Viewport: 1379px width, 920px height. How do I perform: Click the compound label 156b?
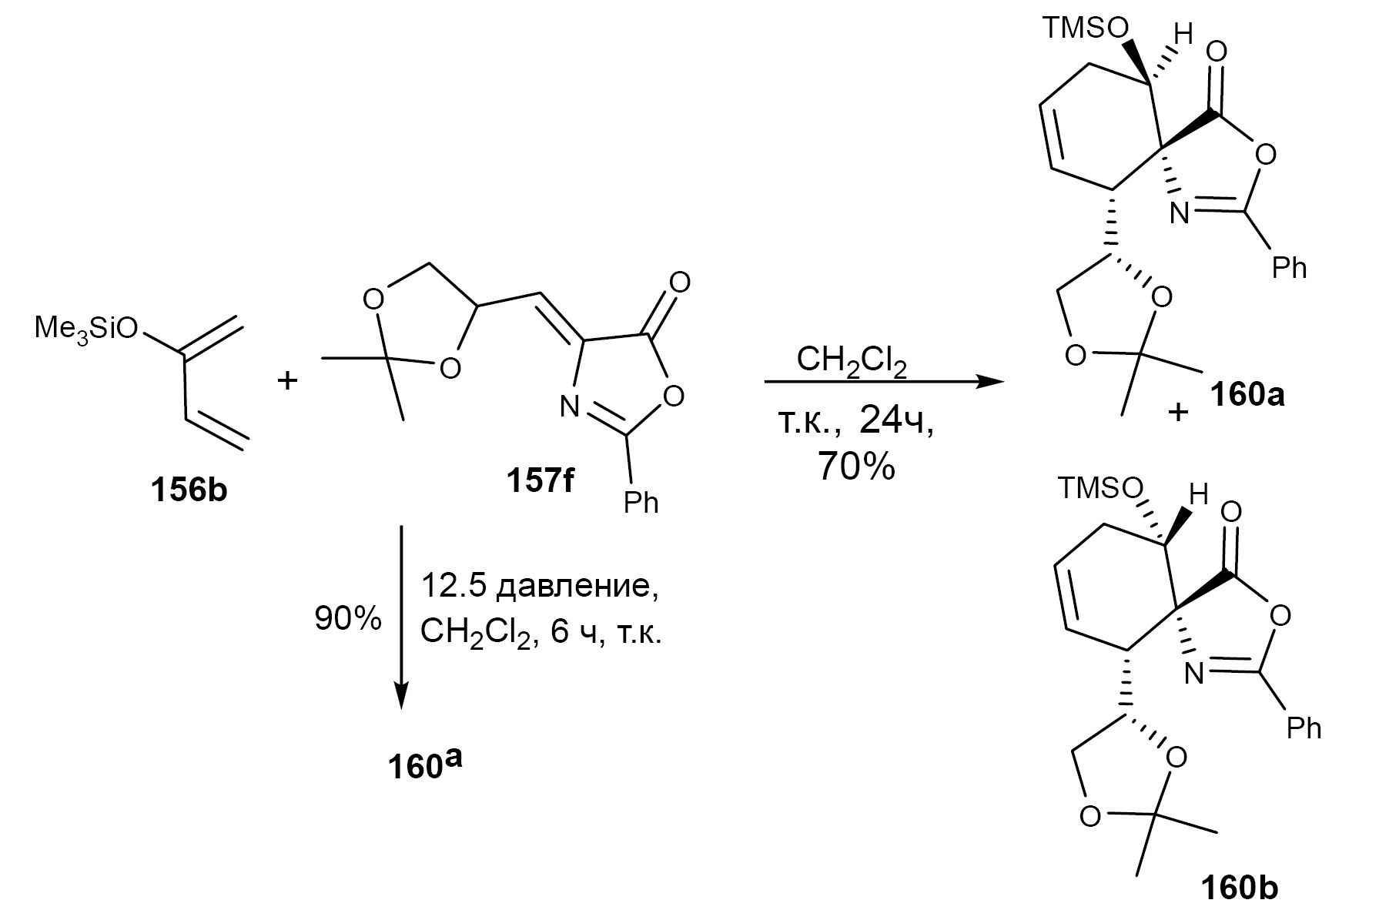[x=189, y=490]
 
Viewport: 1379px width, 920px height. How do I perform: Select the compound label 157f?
[x=540, y=481]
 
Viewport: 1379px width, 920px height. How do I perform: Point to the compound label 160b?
[x=1240, y=888]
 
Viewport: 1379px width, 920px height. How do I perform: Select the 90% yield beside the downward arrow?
[x=347, y=618]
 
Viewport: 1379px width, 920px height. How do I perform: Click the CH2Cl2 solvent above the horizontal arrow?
[x=852, y=360]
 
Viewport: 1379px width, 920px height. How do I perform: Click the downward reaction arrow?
[x=401, y=616]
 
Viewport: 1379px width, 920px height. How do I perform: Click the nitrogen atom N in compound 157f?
[x=569, y=406]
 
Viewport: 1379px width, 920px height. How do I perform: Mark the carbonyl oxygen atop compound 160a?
[x=1217, y=52]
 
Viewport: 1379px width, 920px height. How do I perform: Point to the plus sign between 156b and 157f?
[x=287, y=380]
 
